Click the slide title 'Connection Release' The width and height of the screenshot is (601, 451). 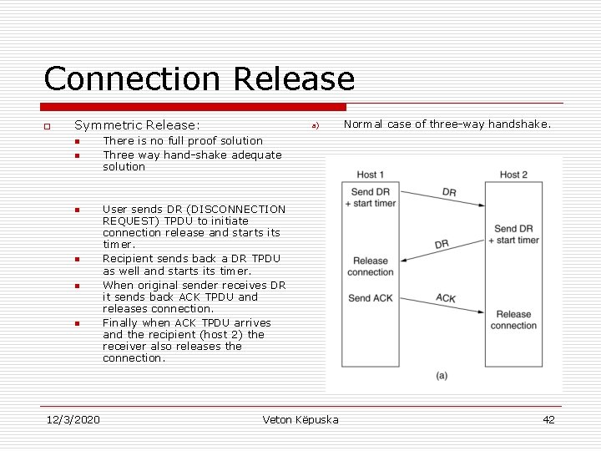point(199,79)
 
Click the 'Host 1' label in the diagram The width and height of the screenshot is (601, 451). point(371,175)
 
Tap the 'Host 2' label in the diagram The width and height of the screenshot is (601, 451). point(513,175)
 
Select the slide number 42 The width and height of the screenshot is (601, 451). point(548,419)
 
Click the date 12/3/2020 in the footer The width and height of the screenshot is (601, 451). point(72,419)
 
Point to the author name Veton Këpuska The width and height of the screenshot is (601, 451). point(300,419)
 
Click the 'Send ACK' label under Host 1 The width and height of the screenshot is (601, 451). point(371,298)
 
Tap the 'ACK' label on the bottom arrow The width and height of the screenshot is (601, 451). point(446,298)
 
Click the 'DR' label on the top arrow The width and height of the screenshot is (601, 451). point(449,192)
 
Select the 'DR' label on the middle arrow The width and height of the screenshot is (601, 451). point(442,244)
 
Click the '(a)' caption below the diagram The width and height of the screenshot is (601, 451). point(441,376)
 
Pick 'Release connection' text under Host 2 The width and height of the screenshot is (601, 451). point(513,320)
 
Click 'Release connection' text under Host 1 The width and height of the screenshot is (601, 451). point(371,266)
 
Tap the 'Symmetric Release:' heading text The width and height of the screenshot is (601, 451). point(137,125)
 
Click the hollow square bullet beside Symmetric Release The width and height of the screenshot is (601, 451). point(48,126)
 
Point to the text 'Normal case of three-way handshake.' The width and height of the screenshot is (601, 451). point(447,124)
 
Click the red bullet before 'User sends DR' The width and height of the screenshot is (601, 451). point(75,210)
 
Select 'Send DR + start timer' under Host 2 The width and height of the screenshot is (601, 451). point(517,234)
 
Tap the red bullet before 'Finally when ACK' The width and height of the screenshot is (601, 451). point(75,323)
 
